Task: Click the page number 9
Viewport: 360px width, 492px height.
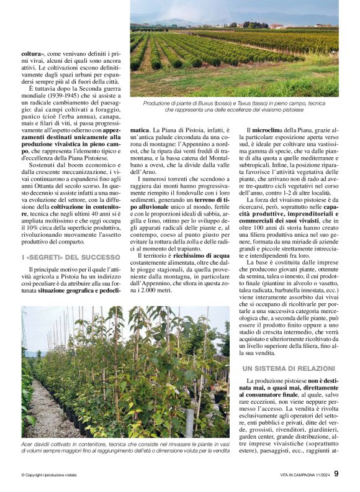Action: tap(336, 473)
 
